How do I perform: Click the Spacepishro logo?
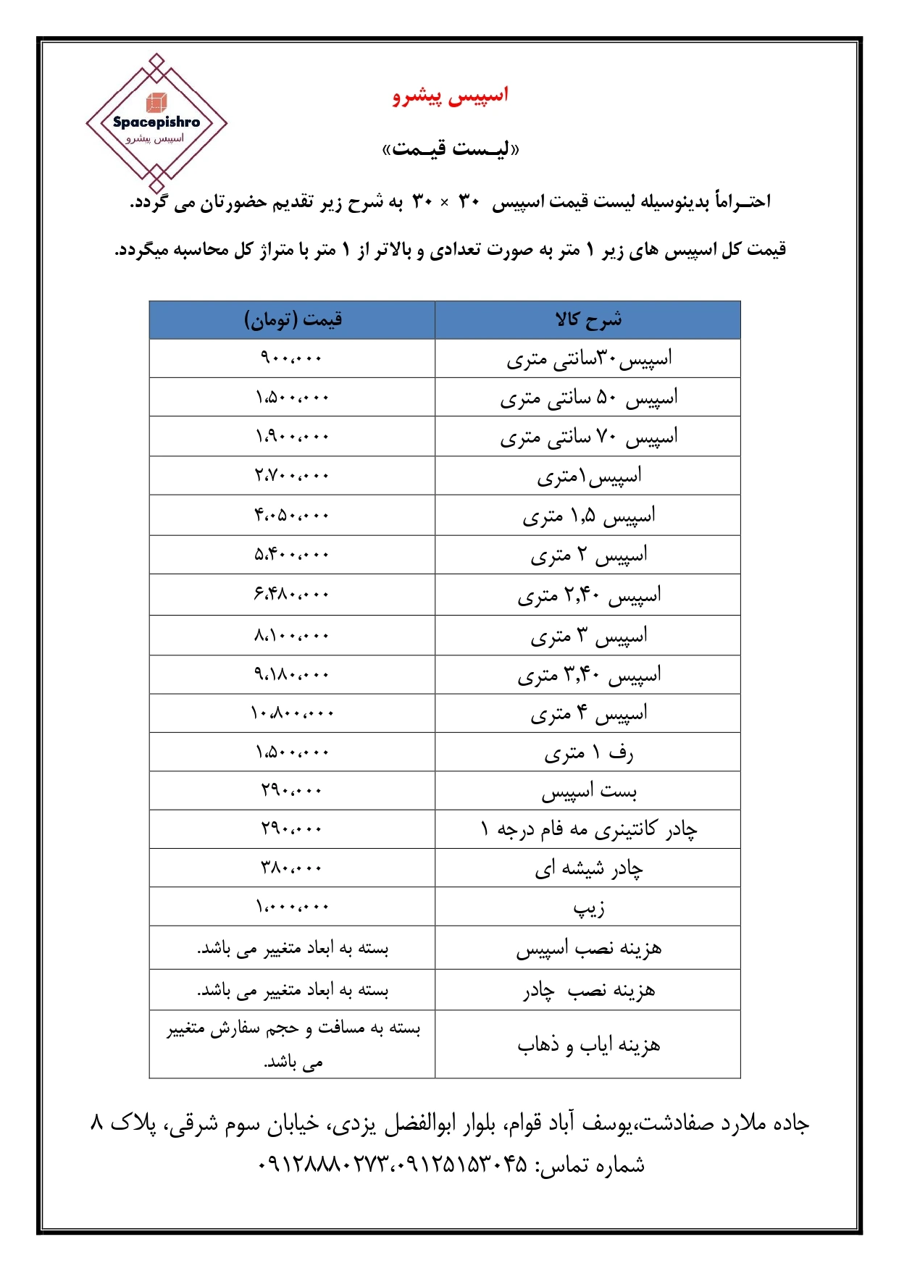coord(156,124)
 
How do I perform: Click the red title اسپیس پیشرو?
coord(451,96)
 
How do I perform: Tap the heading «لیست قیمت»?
coord(451,149)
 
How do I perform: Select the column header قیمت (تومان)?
coord(293,320)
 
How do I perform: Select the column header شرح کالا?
coord(588,320)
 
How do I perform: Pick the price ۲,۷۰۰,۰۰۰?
coord(292,476)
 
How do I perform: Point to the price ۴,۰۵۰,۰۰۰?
coord(292,516)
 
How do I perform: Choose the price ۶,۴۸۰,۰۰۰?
coord(292,595)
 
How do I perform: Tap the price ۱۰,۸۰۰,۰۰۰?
coord(292,713)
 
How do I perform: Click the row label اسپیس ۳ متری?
coord(588,636)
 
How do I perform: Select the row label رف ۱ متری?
coord(588,753)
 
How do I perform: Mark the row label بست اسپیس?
coord(588,792)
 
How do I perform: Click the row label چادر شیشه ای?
coord(588,868)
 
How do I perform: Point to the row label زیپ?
coord(588,907)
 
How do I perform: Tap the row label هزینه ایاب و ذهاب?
coord(588,1045)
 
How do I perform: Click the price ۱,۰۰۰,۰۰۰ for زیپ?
coord(292,907)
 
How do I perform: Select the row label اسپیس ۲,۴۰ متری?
coord(588,595)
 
